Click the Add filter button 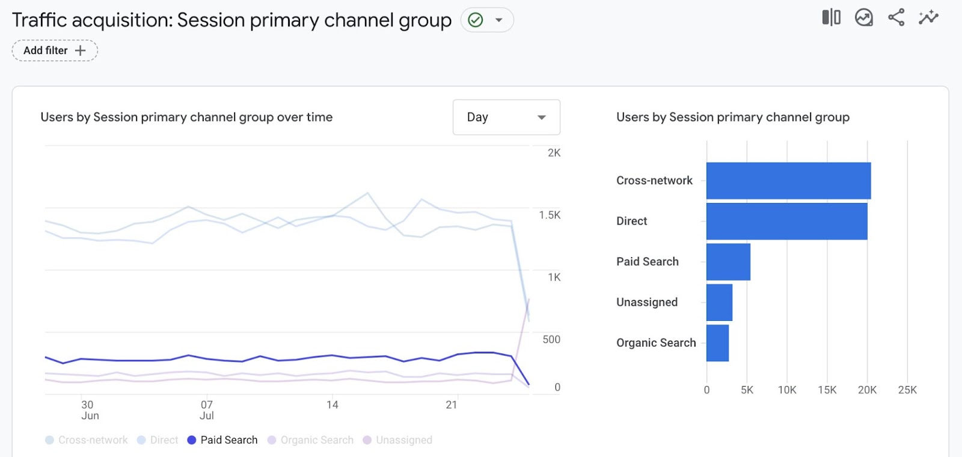coord(55,51)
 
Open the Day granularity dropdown coord(506,117)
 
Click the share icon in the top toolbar coord(896,17)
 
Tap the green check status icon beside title coord(476,20)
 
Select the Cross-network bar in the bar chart coord(788,181)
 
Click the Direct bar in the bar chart coord(786,221)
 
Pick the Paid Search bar coord(728,261)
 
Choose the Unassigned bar coord(719,302)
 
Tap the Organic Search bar coord(717,343)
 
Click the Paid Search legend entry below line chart coord(222,440)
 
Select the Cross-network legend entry coord(87,440)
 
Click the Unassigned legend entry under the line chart coord(397,440)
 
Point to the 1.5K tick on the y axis coord(550,215)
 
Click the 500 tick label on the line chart coord(551,340)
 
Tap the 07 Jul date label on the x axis coord(207,410)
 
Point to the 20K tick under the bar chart coord(867,390)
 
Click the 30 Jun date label coord(89,410)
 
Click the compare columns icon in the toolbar coord(831,17)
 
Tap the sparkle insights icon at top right coord(928,17)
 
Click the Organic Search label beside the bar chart coord(656,343)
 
